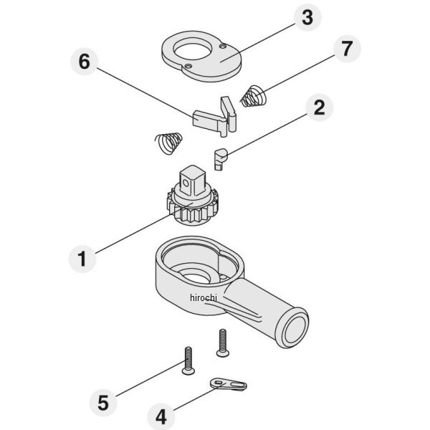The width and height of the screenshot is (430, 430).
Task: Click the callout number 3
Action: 307,17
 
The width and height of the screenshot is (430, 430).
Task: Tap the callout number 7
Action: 347,49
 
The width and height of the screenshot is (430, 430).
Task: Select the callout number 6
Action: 84,62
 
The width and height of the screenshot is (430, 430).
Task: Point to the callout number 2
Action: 319,107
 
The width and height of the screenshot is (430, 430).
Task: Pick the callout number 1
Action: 82,259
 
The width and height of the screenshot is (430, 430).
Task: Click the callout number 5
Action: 103,403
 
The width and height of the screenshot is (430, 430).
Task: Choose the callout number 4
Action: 161,417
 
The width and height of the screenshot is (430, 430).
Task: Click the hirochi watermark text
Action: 204,297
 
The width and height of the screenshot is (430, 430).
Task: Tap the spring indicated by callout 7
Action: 254,96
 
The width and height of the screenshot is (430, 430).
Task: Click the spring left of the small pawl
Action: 168,143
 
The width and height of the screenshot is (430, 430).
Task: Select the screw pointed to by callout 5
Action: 188,360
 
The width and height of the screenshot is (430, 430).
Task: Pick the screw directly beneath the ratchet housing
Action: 222,343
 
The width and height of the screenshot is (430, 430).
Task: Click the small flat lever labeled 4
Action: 229,384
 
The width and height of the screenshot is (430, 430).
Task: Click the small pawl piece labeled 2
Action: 221,159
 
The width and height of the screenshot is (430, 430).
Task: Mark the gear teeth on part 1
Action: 193,211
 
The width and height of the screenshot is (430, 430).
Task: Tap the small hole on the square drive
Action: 186,183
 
